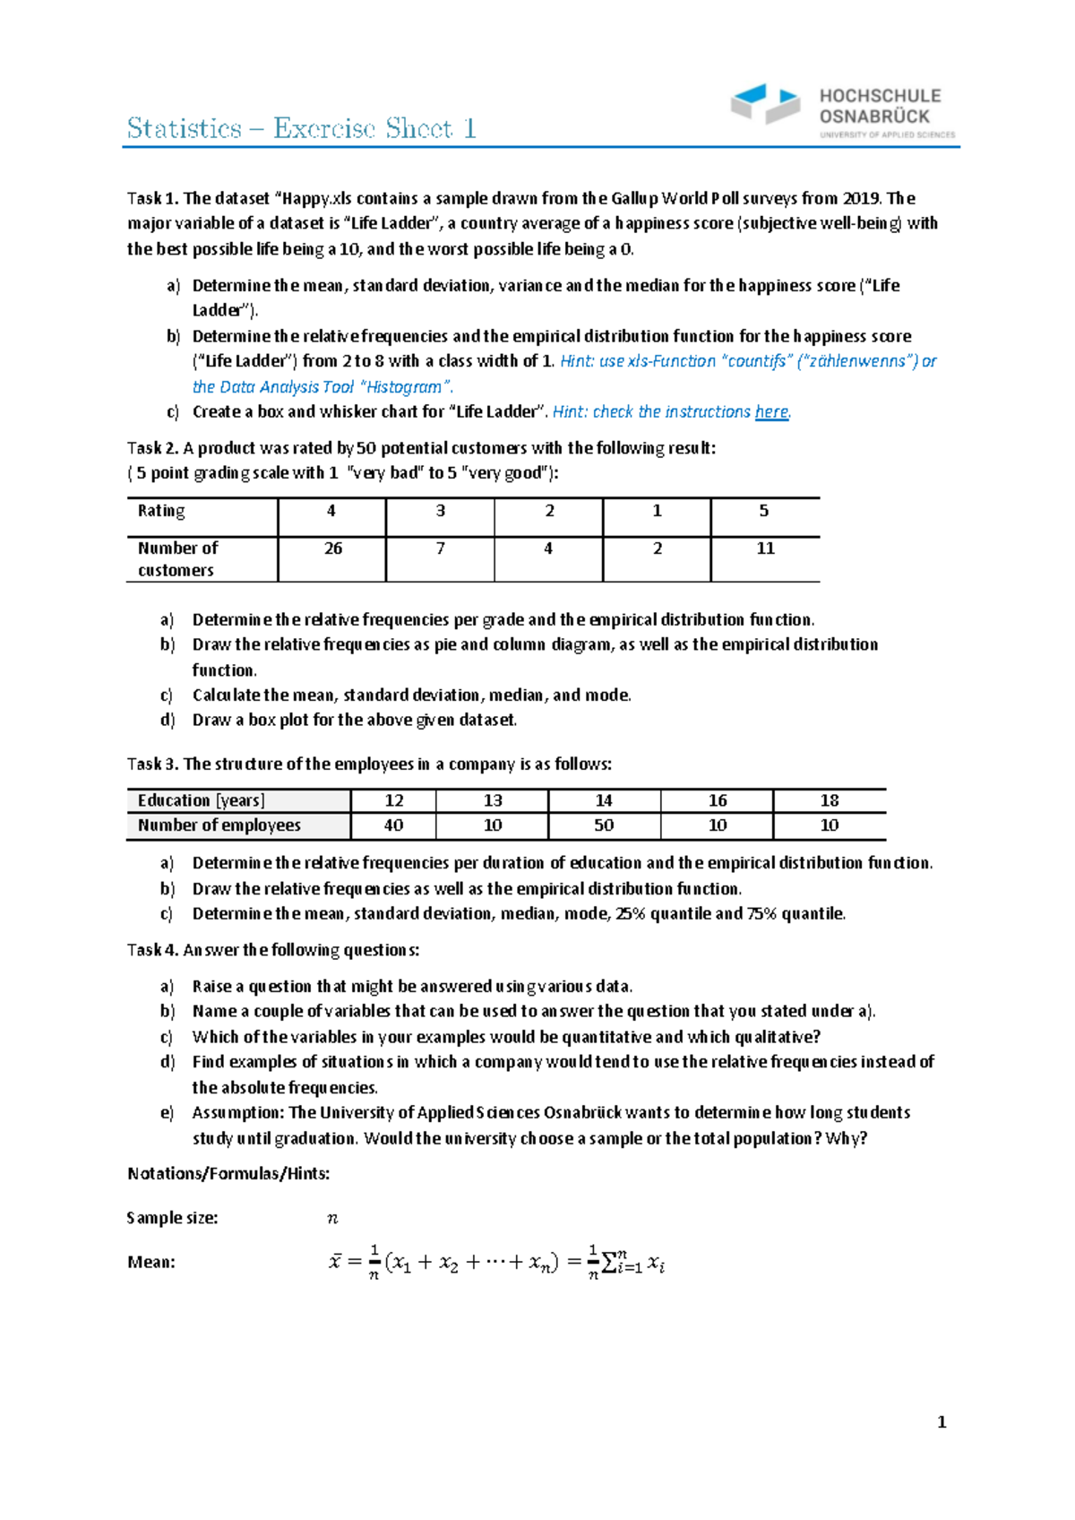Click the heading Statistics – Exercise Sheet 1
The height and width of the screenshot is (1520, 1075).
pyautogui.click(x=301, y=129)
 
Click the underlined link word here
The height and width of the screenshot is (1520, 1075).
pyautogui.click(x=771, y=412)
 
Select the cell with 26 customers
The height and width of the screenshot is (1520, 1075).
pyautogui.click(x=332, y=548)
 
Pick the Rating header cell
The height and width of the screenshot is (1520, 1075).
pyautogui.click(x=161, y=511)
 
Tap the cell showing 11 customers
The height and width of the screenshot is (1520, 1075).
pyautogui.click(x=765, y=548)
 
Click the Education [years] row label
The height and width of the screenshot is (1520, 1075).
pyautogui.click(x=202, y=800)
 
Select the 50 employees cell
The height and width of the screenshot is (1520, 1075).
pyautogui.click(x=604, y=825)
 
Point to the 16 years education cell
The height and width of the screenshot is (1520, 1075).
pyautogui.click(x=717, y=800)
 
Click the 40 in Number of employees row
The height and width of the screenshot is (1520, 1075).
pyautogui.click(x=393, y=825)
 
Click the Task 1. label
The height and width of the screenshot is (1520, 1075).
pyautogui.click(x=153, y=199)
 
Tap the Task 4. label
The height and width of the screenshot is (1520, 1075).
pyautogui.click(x=153, y=950)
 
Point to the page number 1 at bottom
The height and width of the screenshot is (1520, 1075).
pyautogui.click(x=942, y=1422)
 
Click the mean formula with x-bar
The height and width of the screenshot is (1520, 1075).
pyautogui.click(x=496, y=1263)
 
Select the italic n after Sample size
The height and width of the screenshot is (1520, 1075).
pyautogui.click(x=332, y=1218)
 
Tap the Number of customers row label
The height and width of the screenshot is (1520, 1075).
pyautogui.click(x=177, y=559)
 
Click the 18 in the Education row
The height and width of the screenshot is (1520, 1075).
pyautogui.click(x=829, y=800)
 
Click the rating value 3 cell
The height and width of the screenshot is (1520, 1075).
pyautogui.click(x=440, y=511)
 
